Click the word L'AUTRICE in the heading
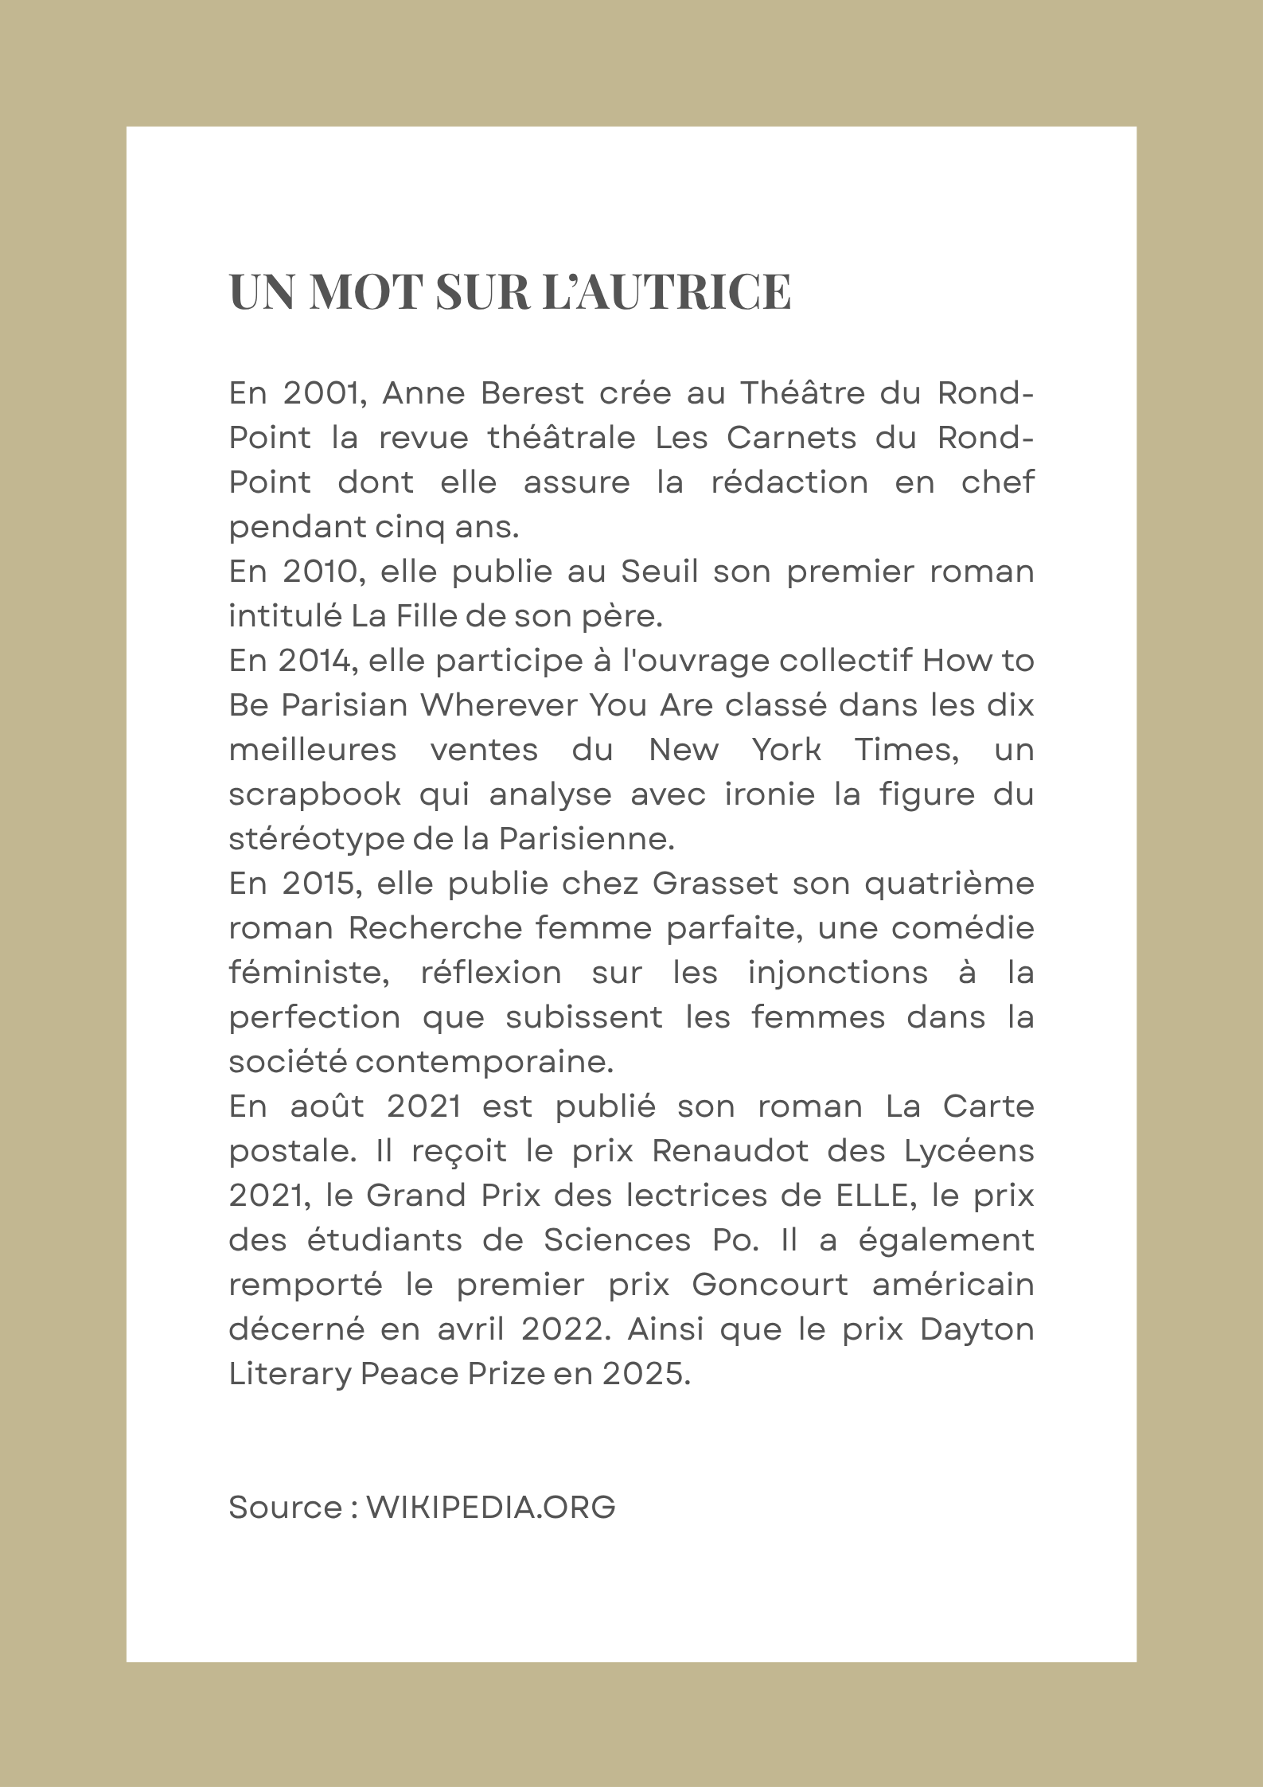tap(667, 291)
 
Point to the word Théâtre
tap(802, 393)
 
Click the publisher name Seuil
tap(659, 572)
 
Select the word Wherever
tap(498, 705)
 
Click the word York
tap(786, 750)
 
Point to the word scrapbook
tap(315, 794)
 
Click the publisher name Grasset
tap(715, 884)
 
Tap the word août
tap(326, 1106)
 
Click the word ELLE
tap(872, 1196)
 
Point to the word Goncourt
tap(770, 1285)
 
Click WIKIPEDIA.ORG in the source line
tap(490, 1508)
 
